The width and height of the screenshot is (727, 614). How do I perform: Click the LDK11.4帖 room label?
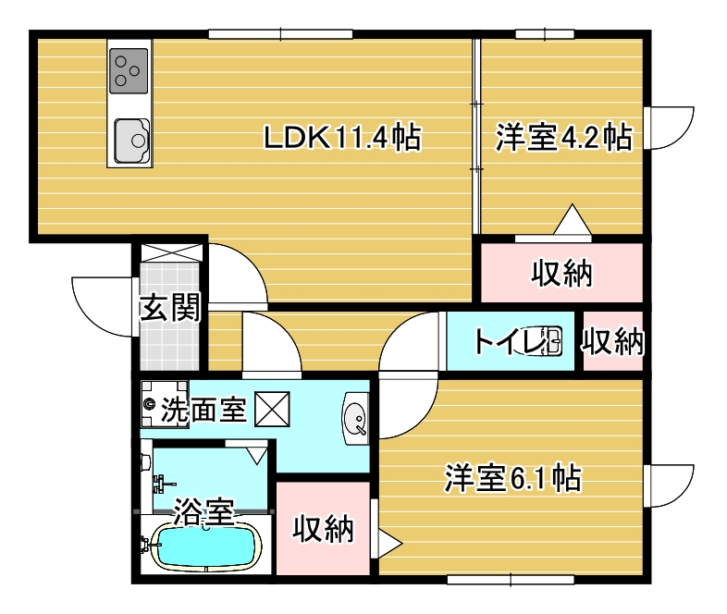[x=341, y=139]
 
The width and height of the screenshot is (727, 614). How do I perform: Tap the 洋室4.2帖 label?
[x=562, y=139]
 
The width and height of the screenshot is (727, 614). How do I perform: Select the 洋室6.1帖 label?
[x=512, y=478]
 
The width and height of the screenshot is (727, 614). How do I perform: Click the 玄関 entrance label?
[x=169, y=307]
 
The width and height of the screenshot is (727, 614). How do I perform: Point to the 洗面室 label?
[x=203, y=410]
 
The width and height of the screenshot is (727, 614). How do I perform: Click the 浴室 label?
[x=203, y=510]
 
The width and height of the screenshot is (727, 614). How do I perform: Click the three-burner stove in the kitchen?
[x=129, y=71]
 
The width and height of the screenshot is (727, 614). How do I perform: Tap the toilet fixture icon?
[x=548, y=341]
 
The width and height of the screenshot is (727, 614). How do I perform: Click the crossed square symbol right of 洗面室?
[x=272, y=408]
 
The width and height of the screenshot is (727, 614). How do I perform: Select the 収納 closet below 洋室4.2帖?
[x=561, y=273]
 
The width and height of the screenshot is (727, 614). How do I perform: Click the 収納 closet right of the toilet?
[x=612, y=341]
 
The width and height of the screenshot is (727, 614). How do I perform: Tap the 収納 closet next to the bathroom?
[x=324, y=529]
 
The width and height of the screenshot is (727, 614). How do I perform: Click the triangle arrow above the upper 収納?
[x=571, y=223]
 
